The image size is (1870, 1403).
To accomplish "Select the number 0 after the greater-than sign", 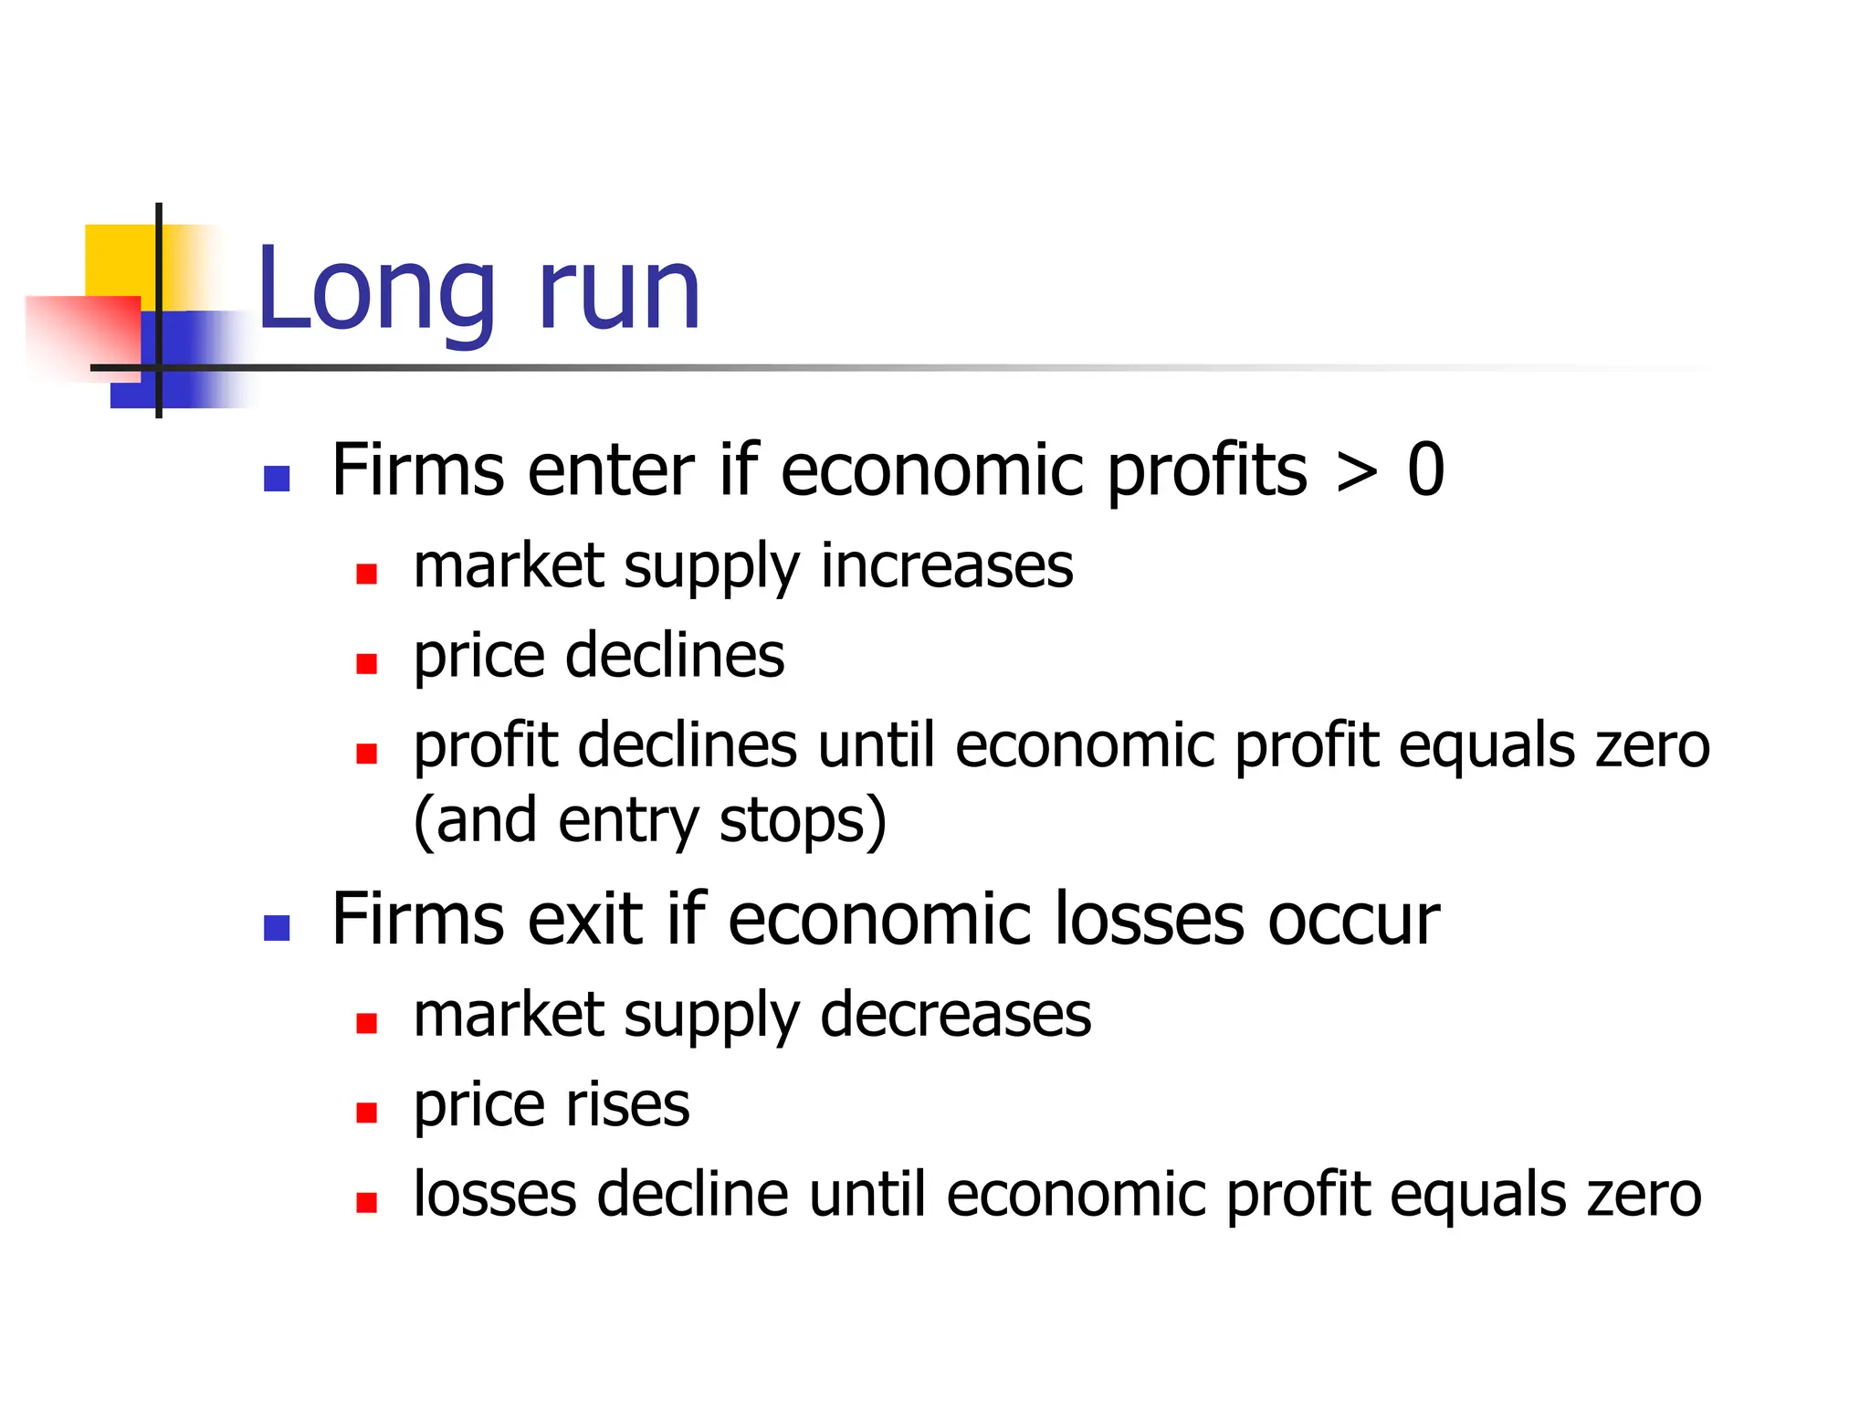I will point(1425,470).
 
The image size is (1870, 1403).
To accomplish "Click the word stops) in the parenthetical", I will point(803,820).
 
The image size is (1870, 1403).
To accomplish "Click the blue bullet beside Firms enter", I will point(277,478).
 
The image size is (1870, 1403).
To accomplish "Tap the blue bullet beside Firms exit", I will point(277,928).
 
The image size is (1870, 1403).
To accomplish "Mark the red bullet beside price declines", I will point(367,664).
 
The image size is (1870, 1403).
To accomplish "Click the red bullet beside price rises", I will point(367,1113).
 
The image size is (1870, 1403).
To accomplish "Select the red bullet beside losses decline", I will point(367,1202).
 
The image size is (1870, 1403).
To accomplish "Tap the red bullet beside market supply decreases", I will point(367,1023).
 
